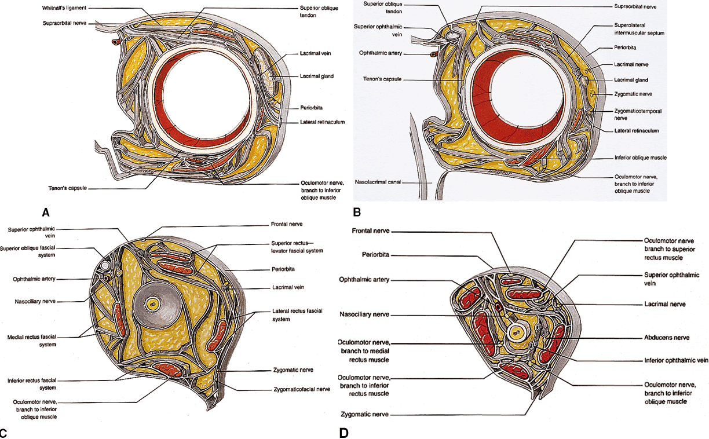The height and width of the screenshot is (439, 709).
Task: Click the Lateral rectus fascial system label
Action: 288,315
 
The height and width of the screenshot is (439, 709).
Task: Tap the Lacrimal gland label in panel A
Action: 317,76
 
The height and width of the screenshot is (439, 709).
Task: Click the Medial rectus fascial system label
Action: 32,341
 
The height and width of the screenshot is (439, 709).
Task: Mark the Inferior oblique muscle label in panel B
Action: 641,158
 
